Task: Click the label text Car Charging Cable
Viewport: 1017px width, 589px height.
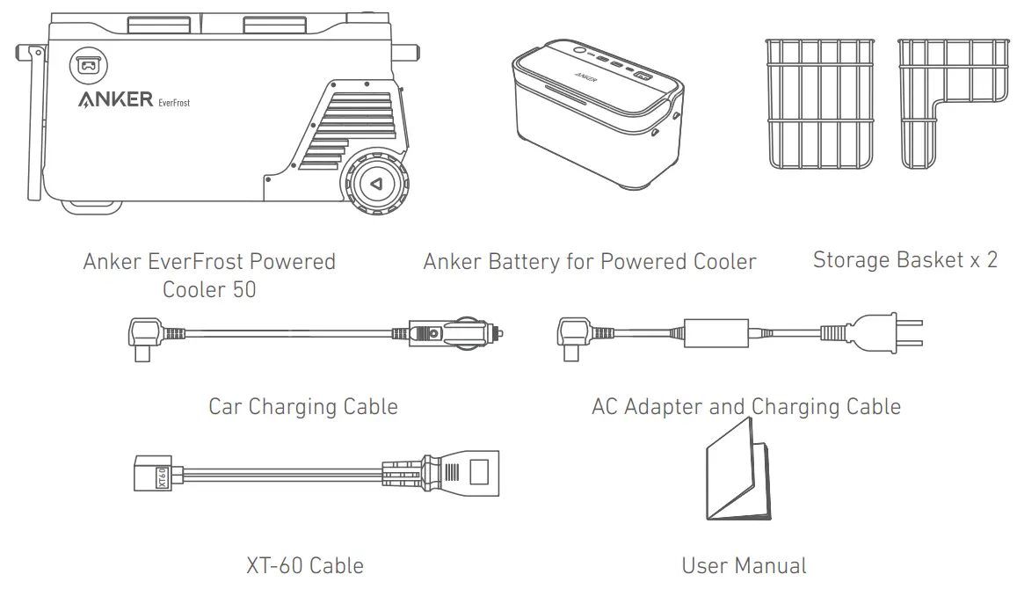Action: click(x=302, y=407)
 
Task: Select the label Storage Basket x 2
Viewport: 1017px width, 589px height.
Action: click(x=904, y=260)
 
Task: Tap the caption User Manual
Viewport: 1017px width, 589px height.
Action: click(x=744, y=564)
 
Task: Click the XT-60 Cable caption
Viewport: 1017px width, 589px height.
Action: click(x=304, y=564)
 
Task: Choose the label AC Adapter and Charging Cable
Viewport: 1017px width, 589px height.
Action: click(x=745, y=407)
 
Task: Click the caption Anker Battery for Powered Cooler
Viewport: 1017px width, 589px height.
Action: click(x=589, y=262)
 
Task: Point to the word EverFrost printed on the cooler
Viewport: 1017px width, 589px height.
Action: click(x=174, y=103)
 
